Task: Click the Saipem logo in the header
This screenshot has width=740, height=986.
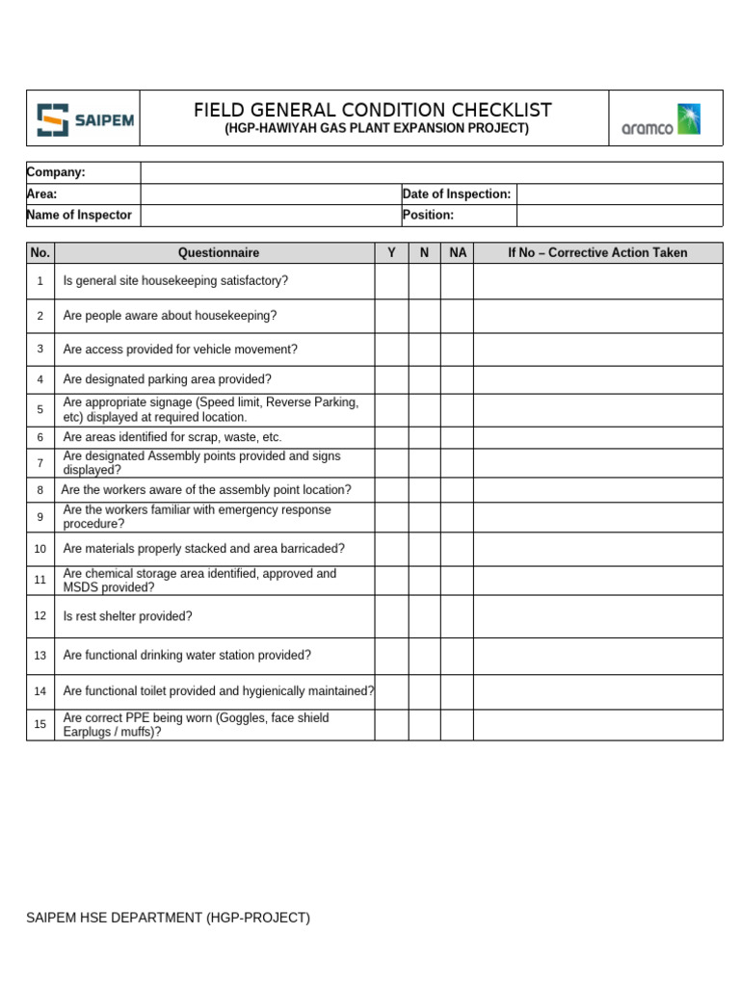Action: point(84,119)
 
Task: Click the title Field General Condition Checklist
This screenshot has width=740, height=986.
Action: point(373,110)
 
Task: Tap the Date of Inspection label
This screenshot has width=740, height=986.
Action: point(457,194)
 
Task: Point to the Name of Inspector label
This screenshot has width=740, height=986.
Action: point(80,215)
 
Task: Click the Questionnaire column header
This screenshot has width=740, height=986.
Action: point(218,252)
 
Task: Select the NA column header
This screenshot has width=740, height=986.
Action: point(458,252)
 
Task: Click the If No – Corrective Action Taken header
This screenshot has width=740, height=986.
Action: point(597,252)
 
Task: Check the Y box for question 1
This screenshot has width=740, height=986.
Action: point(391,281)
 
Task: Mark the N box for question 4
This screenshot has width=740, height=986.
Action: point(424,379)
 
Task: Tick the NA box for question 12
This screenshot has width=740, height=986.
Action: point(458,616)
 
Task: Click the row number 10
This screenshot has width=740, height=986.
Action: point(40,549)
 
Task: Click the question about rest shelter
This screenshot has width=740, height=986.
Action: point(128,616)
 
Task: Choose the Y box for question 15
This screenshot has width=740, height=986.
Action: point(391,724)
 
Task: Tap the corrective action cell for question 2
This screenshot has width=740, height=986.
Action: point(597,316)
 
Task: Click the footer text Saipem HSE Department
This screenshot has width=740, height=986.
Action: point(169,918)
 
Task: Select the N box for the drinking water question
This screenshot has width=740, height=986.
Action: point(424,656)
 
